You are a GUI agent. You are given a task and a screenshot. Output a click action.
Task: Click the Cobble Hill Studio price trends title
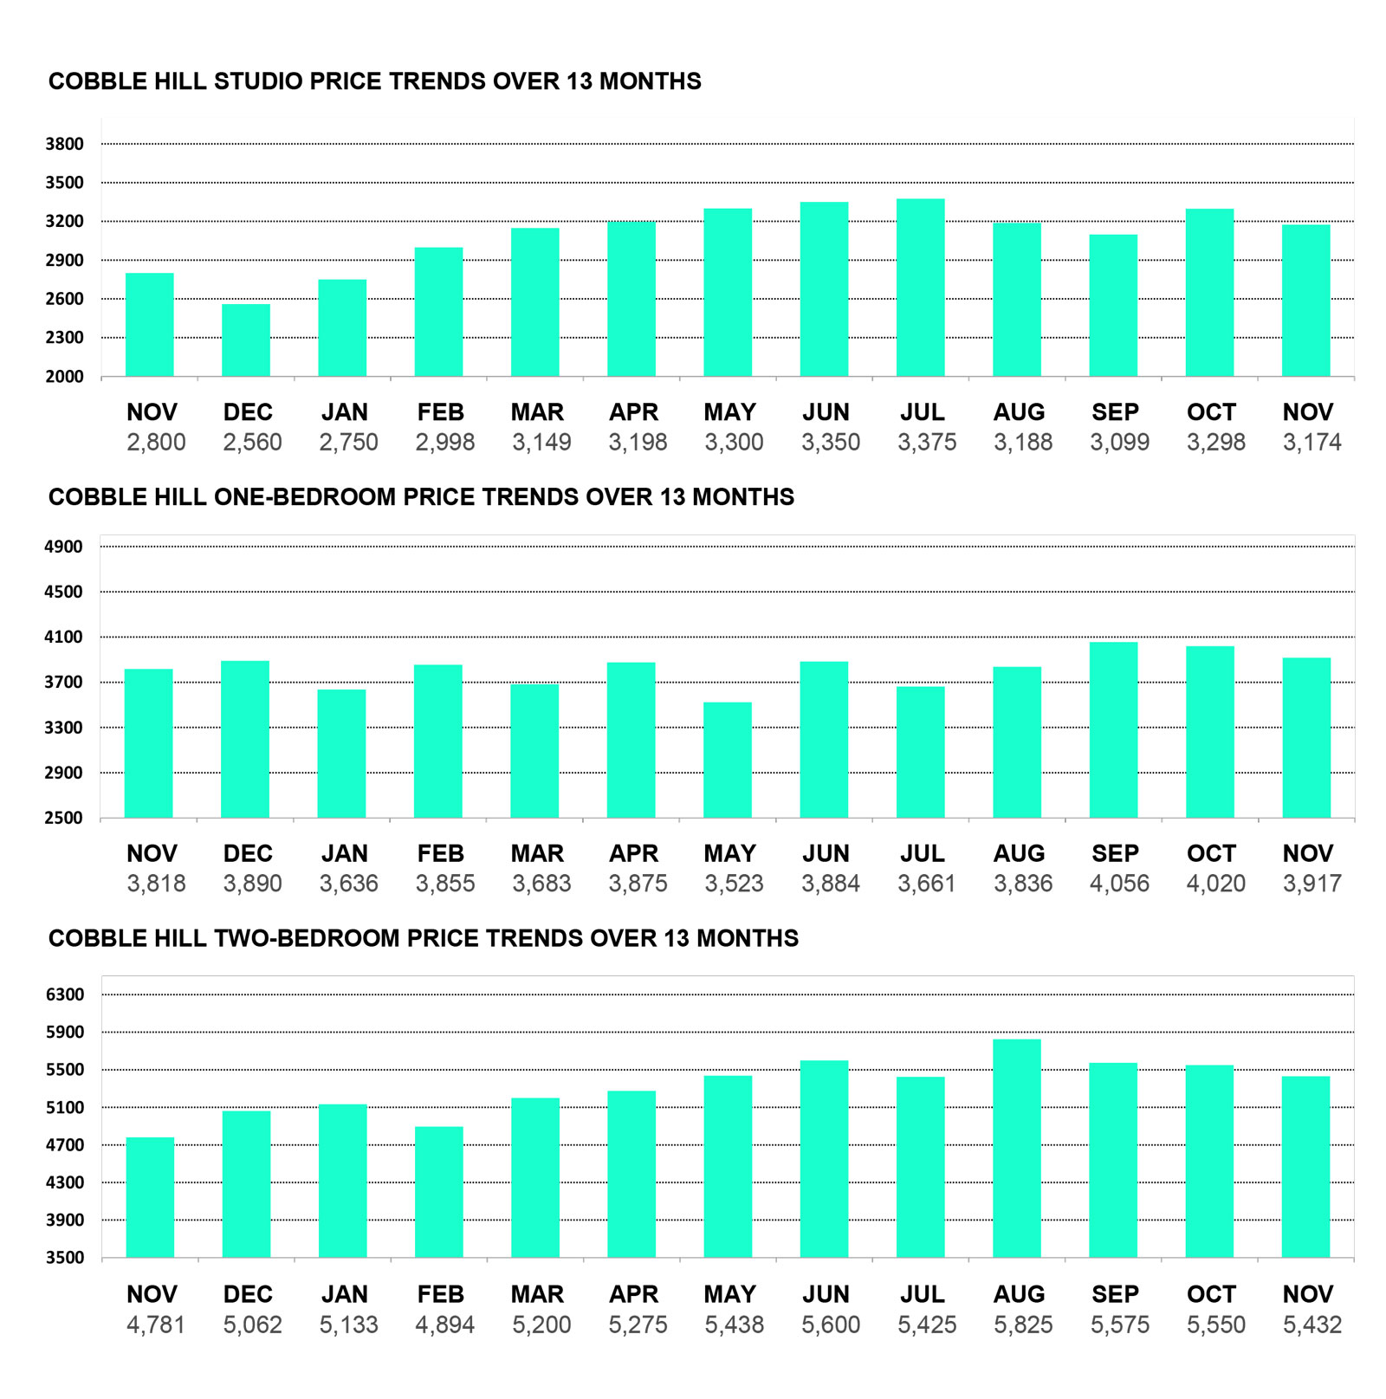tap(374, 81)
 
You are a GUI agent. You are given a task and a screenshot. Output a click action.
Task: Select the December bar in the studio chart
tap(246, 340)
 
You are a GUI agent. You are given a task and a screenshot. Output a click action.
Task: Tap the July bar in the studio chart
tap(920, 288)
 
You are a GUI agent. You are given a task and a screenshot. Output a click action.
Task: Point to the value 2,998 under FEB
tap(444, 443)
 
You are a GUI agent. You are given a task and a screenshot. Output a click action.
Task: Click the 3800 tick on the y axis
tap(65, 144)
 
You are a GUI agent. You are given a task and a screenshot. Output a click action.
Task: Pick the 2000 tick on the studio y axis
tap(65, 376)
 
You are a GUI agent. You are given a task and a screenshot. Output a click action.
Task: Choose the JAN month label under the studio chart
tap(344, 412)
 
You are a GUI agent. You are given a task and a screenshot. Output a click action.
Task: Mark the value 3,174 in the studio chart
tap(1312, 443)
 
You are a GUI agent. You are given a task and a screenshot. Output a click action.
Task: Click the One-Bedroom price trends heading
tap(421, 497)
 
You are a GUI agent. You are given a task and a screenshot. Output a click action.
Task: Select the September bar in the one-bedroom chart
tap(1113, 729)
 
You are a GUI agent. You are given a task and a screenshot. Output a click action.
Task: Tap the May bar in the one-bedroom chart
tap(728, 760)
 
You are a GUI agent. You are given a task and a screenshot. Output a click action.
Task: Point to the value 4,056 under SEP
tap(1119, 884)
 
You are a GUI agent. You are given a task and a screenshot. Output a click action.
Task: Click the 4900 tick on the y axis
tap(65, 547)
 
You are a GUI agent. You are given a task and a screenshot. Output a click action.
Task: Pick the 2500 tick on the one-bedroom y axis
tap(65, 818)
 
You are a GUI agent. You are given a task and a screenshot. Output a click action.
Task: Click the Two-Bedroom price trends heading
tap(423, 938)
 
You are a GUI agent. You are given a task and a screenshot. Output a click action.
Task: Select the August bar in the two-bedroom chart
tap(1017, 1148)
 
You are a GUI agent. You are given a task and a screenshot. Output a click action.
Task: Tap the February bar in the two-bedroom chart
tap(439, 1192)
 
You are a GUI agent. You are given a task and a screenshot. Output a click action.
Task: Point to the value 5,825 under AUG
tap(1023, 1325)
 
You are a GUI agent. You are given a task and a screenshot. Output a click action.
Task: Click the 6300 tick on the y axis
tap(65, 994)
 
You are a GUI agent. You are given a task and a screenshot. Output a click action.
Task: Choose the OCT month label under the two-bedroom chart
tap(1211, 1294)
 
